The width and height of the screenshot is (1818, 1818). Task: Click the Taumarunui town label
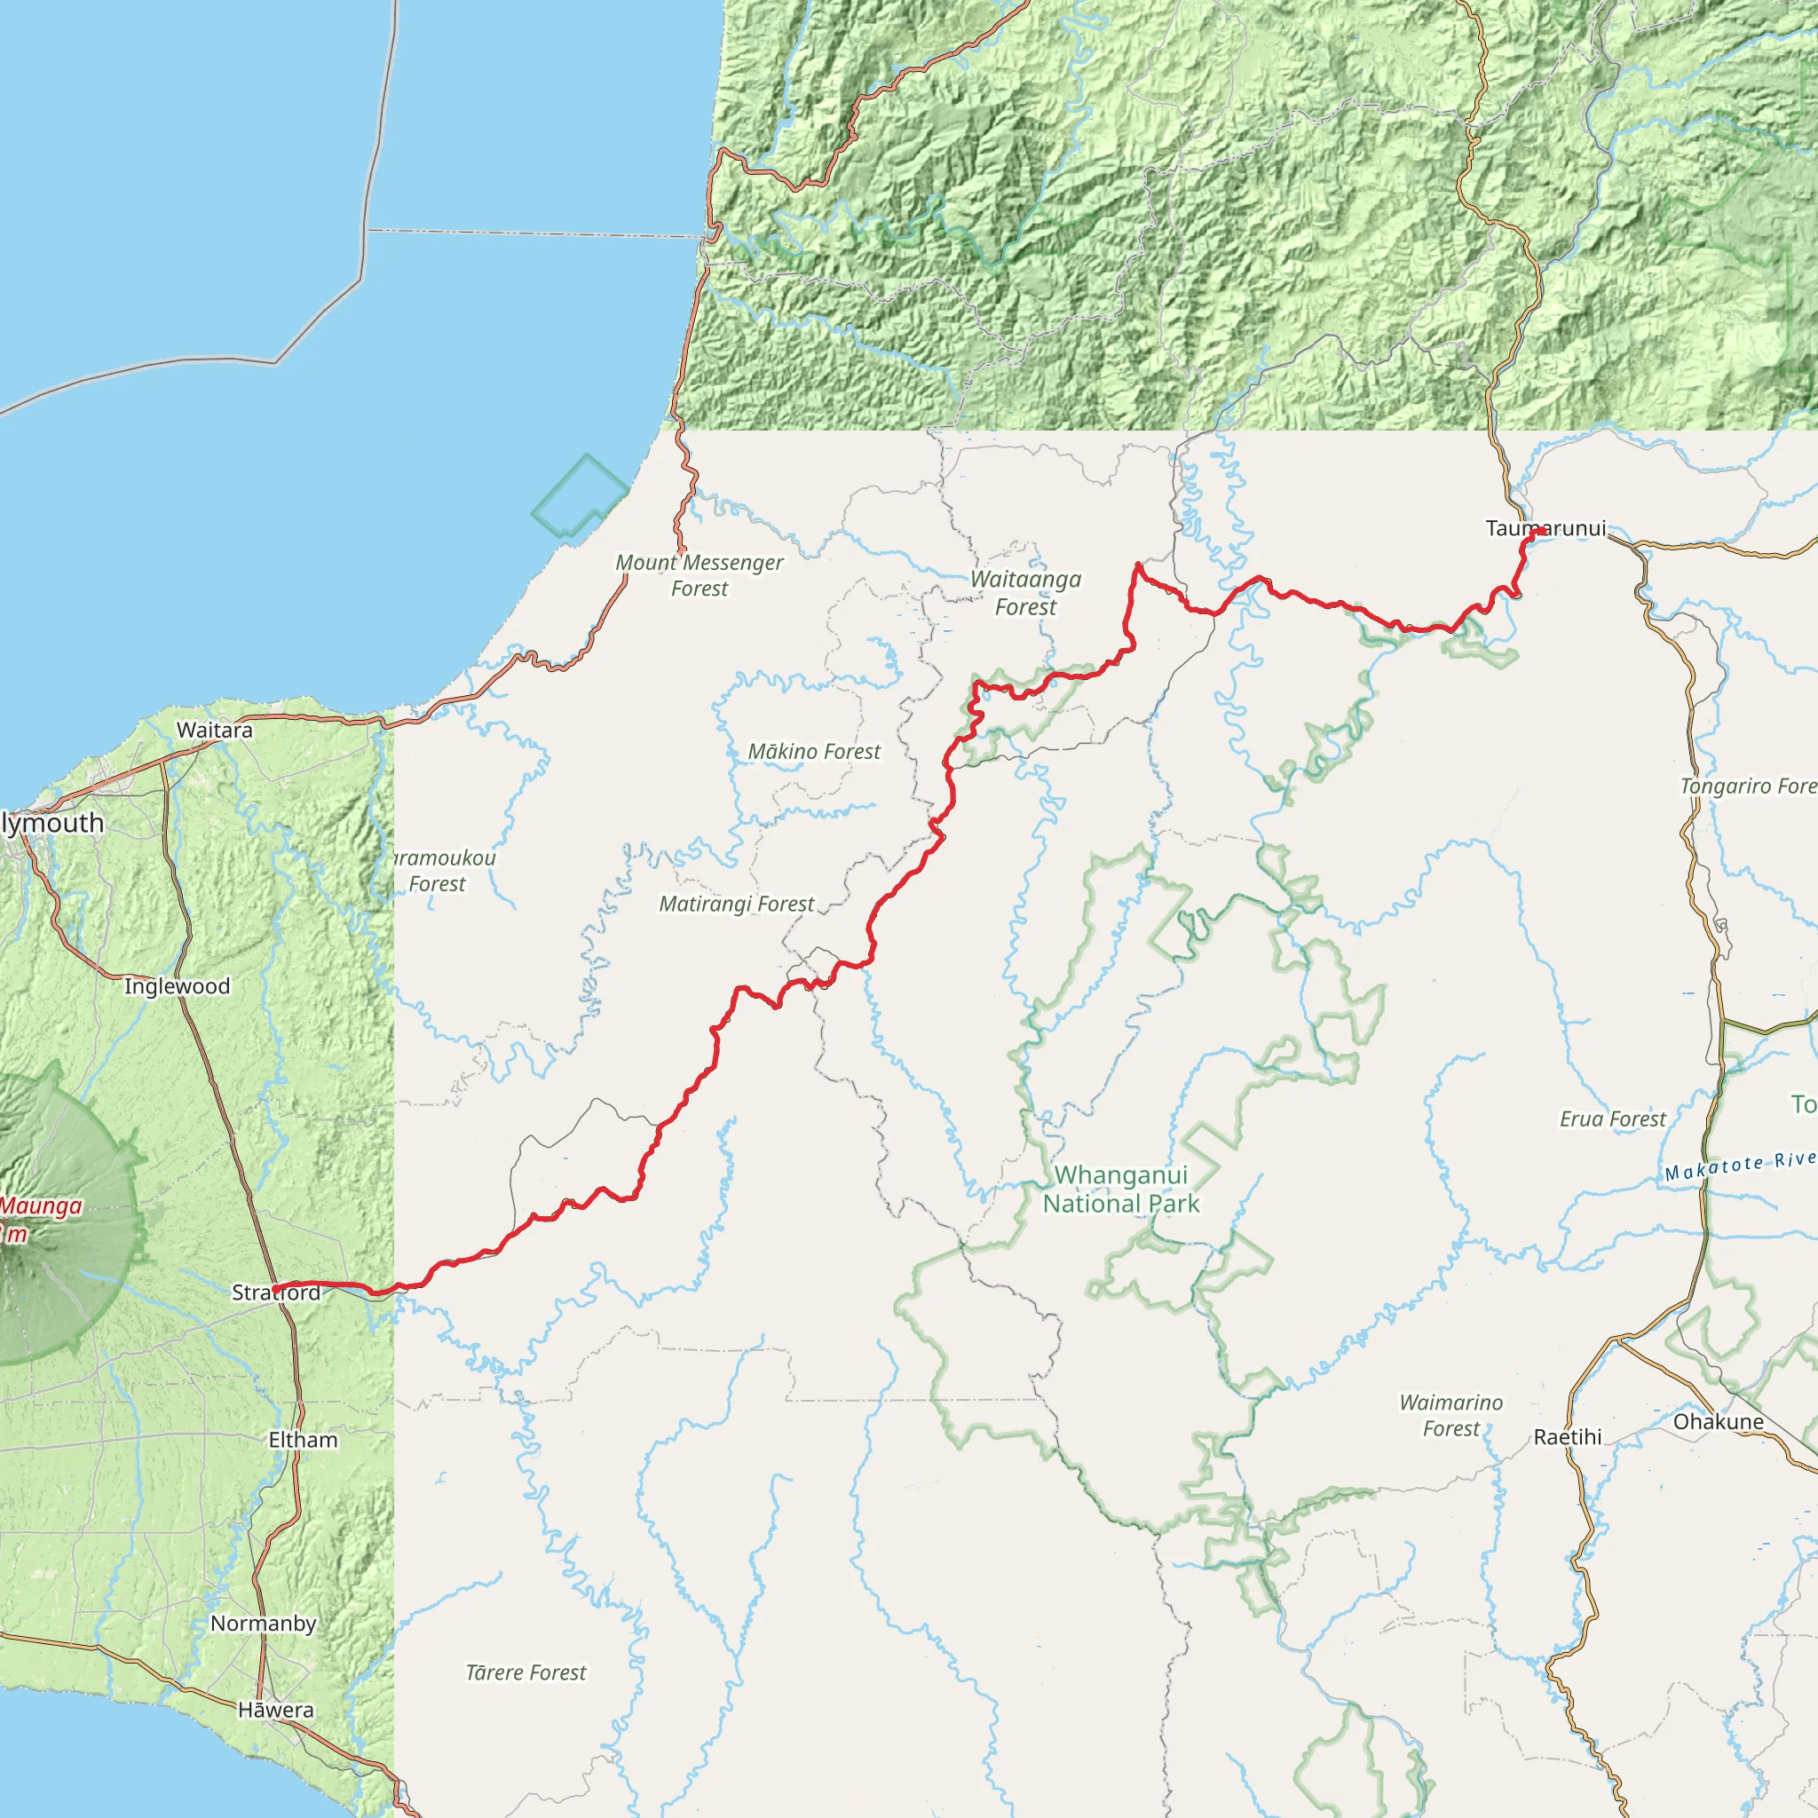1545,529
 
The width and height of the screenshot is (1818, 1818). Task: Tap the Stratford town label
276,1292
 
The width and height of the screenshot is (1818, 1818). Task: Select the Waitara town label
215,731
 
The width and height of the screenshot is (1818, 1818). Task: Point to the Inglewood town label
177,986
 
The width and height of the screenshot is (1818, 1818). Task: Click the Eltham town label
303,1440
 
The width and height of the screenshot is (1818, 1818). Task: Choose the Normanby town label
264,1624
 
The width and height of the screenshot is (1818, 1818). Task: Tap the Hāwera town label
276,1710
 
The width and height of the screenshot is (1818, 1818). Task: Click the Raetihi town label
1567,1437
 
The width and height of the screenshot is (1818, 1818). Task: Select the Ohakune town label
1719,1422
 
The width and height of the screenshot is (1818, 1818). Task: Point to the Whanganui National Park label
1121,1190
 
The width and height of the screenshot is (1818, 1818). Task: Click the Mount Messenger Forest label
700,575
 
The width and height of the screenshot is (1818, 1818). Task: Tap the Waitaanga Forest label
1025,593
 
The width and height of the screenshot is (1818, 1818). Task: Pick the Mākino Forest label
814,752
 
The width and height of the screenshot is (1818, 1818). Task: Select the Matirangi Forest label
737,905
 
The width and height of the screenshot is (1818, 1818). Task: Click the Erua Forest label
1613,1118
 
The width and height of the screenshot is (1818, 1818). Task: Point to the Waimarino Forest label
1451,1415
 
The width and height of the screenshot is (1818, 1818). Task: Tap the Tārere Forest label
526,1672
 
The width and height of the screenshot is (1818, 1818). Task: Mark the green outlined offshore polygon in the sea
581,495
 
